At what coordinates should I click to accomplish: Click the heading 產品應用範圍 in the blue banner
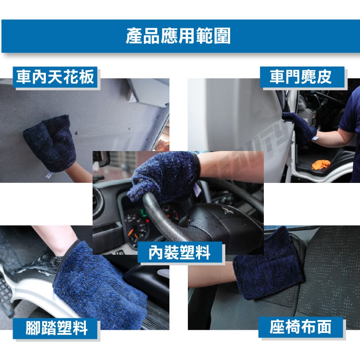coord(178,36)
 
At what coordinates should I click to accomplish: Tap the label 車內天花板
coord(55,77)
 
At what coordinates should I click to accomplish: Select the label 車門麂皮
coord(301,77)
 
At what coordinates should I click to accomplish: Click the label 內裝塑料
coord(179,252)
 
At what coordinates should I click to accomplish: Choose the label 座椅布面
coord(301,327)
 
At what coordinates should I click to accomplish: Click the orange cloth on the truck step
coord(321,164)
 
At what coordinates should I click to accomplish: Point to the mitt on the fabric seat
coord(267,264)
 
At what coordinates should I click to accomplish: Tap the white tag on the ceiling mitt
coord(49,175)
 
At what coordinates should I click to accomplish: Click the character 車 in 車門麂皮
coord(277,77)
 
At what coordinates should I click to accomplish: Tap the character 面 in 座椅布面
coord(324,327)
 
